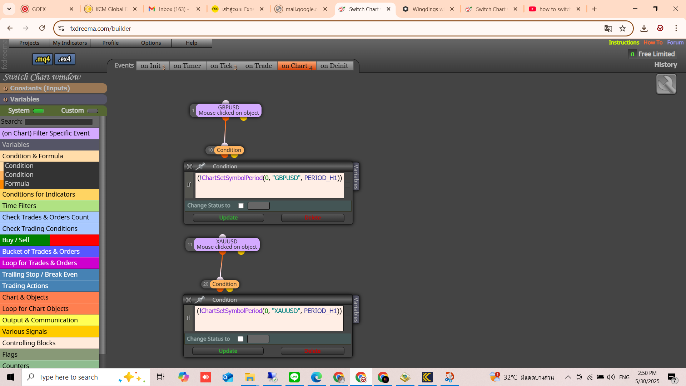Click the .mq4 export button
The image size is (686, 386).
(x=43, y=59)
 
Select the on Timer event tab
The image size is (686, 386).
(x=187, y=66)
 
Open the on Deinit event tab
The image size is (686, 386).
(x=334, y=66)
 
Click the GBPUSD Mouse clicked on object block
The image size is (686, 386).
(x=229, y=110)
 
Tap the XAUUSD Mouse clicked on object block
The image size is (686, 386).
(x=227, y=244)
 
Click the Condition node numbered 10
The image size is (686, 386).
(x=229, y=150)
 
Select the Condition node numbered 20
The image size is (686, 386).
(x=224, y=284)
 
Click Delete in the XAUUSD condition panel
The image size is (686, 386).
(x=313, y=351)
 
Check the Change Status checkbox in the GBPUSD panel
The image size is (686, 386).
(x=241, y=206)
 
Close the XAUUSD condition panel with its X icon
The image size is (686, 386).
(x=189, y=300)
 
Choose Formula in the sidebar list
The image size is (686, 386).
(x=17, y=184)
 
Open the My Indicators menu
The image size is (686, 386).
(x=70, y=43)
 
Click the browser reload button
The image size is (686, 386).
(x=42, y=28)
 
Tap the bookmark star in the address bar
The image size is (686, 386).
(x=623, y=29)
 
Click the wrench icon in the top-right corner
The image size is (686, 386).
(x=666, y=84)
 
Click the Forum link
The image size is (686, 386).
(x=675, y=43)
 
